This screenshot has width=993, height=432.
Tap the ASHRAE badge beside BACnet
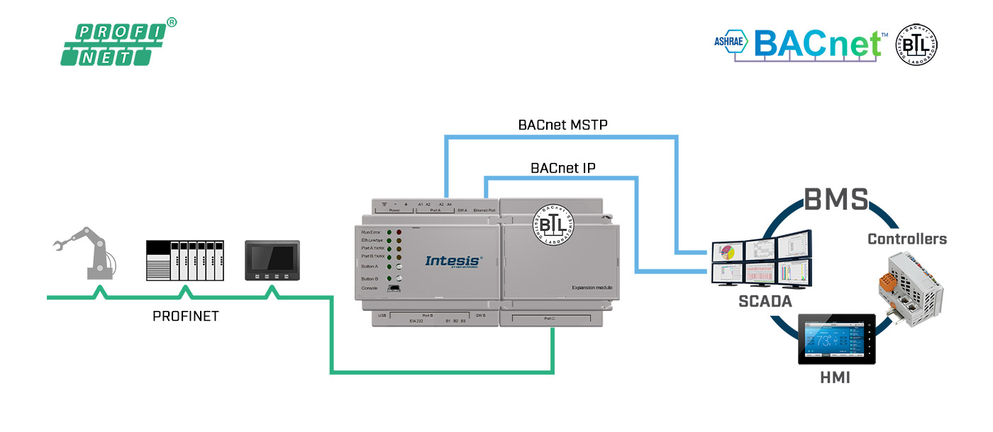[x=731, y=42]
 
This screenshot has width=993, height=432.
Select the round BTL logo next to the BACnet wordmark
[x=917, y=45]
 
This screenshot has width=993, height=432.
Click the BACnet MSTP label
[x=562, y=125]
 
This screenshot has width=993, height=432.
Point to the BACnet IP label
[x=562, y=168]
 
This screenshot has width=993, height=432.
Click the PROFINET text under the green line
[x=186, y=317]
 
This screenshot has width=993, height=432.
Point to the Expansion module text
[x=592, y=287]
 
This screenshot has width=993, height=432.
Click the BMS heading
[x=836, y=200]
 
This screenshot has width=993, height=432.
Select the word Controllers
[x=907, y=239]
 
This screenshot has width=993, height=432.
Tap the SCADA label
[x=764, y=300]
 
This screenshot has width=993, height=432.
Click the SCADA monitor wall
[x=762, y=262]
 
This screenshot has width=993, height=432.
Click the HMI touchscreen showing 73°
[x=837, y=339]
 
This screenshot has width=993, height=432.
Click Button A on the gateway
[x=399, y=267]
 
